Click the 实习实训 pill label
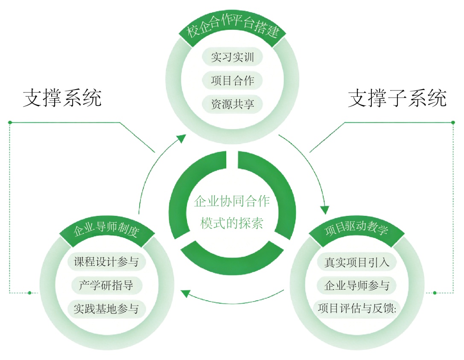[x=232, y=57]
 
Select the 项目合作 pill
[x=232, y=81]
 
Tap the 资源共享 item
[x=232, y=104]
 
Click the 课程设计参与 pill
[x=106, y=261]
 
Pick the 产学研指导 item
[x=106, y=285]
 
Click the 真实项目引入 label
[x=357, y=261]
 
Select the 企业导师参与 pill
[x=357, y=285]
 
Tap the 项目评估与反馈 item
[x=357, y=308]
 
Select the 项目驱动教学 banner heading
[x=357, y=231]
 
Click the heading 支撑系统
[x=62, y=98]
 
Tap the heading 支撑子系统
[x=397, y=98]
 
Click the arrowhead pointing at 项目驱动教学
[x=325, y=209]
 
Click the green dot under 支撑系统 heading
[x=10, y=122]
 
